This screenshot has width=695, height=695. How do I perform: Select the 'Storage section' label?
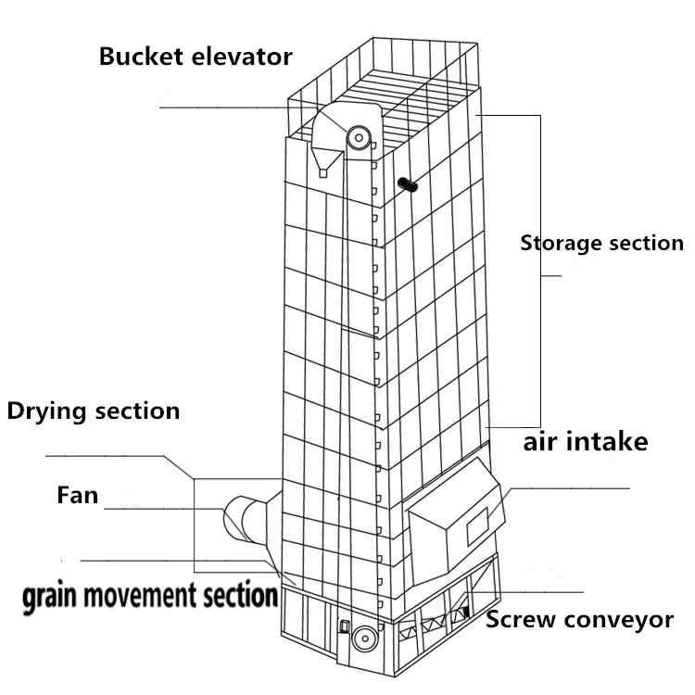[601, 244]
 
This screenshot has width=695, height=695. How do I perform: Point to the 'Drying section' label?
[93, 411]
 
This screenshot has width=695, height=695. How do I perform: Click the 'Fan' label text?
[77, 496]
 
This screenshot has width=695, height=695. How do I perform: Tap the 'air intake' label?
[585, 441]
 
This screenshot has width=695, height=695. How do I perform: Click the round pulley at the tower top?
[358, 138]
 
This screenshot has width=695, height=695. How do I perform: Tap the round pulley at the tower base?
[364, 638]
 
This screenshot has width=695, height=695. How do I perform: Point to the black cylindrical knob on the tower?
[408, 183]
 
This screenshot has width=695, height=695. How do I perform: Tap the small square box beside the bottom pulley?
[344, 625]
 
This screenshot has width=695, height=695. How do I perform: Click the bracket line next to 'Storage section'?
[540, 269]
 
